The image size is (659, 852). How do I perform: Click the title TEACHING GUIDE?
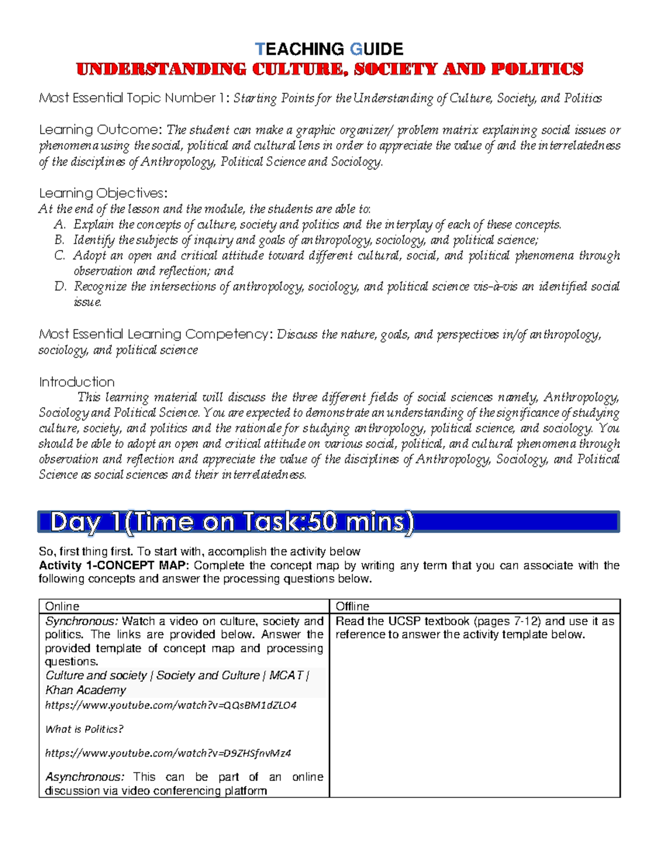click(329, 49)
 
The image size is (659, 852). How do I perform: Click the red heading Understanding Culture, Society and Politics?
click(329, 69)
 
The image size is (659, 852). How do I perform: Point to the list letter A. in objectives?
click(60, 224)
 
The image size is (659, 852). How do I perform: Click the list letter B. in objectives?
click(60, 240)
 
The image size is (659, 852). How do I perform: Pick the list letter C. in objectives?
click(60, 255)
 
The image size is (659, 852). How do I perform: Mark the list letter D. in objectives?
click(60, 286)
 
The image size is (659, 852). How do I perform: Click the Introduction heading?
click(77, 382)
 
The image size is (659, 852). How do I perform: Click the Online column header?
click(62, 606)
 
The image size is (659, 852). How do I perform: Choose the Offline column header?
click(353, 606)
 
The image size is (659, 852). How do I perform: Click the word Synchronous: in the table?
click(81, 621)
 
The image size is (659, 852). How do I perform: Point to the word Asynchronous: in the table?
click(85, 777)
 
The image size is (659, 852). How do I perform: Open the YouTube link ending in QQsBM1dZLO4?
click(170, 705)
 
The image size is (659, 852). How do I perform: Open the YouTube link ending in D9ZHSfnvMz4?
click(167, 753)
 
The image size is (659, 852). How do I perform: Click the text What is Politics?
click(84, 729)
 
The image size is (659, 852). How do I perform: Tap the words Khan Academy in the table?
click(86, 690)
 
